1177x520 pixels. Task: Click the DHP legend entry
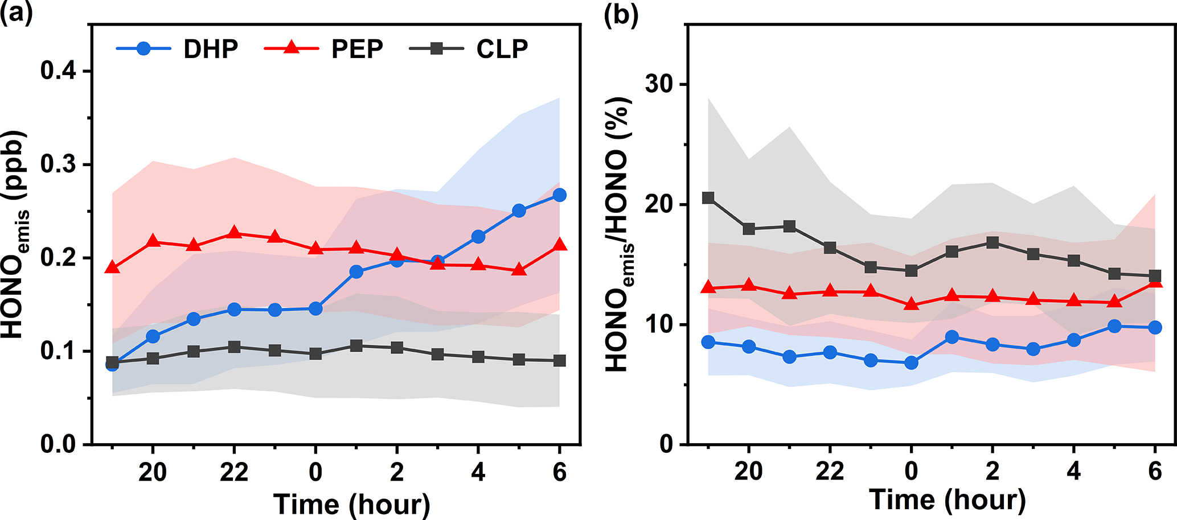tap(177, 49)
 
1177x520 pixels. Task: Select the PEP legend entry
tap(323, 49)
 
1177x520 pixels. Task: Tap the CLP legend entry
tap(469, 49)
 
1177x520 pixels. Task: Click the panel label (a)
tap(16, 13)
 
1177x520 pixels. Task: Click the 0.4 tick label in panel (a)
tap(59, 71)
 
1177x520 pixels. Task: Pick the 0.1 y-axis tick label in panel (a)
tap(59, 351)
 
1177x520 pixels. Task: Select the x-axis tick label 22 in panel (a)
tap(234, 472)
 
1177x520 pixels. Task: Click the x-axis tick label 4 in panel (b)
tap(1073, 471)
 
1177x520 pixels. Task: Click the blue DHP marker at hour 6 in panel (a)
tap(560, 195)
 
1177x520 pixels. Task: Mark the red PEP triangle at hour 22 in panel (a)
tap(234, 233)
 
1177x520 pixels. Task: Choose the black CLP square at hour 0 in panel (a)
tap(315, 354)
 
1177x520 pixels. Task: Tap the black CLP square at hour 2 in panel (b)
tap(993, 243)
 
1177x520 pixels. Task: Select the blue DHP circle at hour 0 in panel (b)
tap(911, 362)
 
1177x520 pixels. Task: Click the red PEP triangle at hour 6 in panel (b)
tap(1155, 280)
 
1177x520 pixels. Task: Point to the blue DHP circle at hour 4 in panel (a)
tap(478, 237)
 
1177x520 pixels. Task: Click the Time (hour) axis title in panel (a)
tap(351, 504)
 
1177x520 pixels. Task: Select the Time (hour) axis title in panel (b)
tap(947, 500)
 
